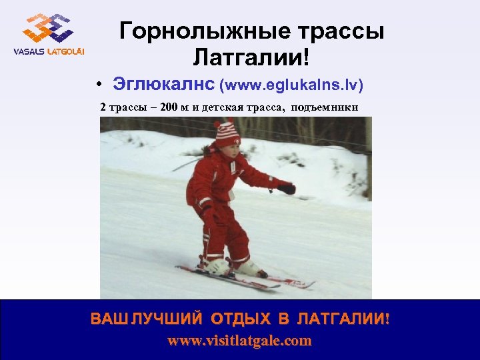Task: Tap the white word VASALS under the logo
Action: pos(28,52)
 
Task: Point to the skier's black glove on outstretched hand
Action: pos(287,189)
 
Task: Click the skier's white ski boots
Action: pos(233,267)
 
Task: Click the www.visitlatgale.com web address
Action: pos(239,341)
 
